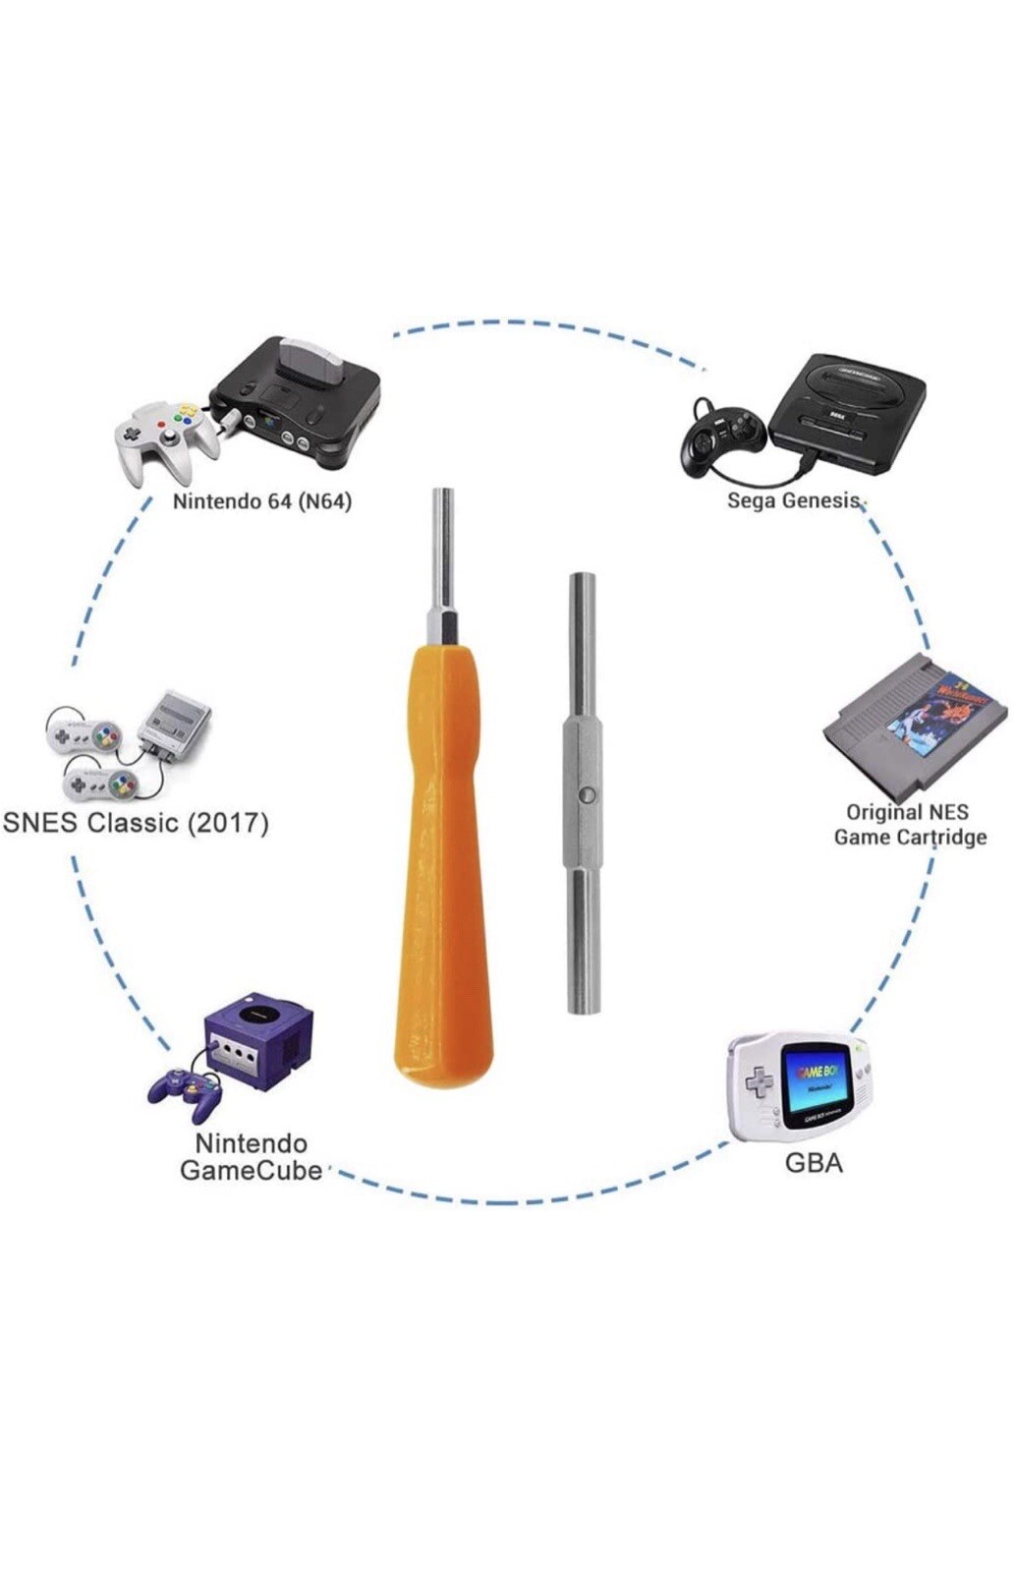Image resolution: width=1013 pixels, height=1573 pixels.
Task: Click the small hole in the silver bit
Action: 584,792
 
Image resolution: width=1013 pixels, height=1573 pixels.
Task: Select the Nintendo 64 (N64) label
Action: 261,501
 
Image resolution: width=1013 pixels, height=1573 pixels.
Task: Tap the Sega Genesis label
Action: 794,500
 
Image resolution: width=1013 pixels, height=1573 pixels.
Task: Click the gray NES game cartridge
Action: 909,728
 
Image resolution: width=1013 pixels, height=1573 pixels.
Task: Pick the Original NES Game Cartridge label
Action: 910,825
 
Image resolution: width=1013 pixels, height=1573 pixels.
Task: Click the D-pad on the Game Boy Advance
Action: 759,1081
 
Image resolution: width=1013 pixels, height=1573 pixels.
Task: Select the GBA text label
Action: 814,1163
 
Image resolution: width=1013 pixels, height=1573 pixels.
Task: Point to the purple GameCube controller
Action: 184,1091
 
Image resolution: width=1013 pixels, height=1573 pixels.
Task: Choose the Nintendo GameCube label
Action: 252,1157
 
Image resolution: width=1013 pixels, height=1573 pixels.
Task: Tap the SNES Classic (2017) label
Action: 136,822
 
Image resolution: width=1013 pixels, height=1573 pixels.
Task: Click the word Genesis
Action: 825,500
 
